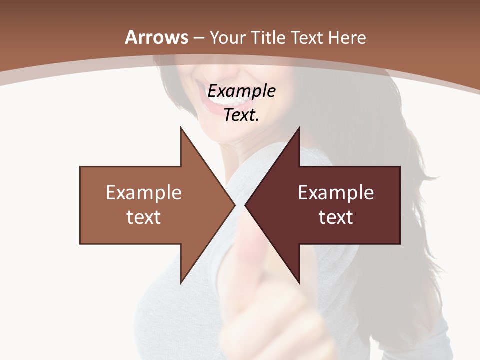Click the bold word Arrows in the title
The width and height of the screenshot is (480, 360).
157,37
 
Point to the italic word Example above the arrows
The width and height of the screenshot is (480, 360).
242,91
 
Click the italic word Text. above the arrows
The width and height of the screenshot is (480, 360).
242,115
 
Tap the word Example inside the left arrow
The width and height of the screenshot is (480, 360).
144,192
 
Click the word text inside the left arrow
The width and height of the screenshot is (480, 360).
144,217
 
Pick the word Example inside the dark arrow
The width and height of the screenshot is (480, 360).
336,192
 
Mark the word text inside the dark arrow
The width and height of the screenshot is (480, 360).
336,217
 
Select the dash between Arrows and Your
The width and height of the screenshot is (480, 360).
198,38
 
